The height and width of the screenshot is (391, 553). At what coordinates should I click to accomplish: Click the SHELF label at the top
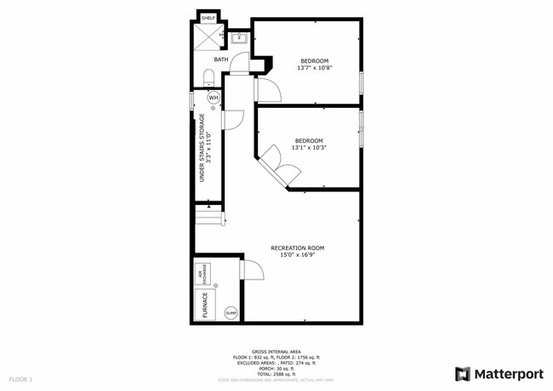click(x=208, y=17)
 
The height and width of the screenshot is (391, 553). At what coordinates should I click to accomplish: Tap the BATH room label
click(x=220, y=59)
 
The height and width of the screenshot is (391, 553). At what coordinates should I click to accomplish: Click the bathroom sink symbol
click(x=239, y=37)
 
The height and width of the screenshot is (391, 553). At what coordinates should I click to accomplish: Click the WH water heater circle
click(x=214, y=98)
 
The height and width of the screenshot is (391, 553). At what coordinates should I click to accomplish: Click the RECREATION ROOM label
click(x=298, y=248)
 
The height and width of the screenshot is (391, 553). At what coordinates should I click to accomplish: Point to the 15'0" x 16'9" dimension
click(x=298, y=255)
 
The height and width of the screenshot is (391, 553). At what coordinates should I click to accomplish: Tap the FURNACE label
click(x=204, y=304)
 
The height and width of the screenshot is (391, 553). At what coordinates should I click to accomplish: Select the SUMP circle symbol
click(x=231, y=314)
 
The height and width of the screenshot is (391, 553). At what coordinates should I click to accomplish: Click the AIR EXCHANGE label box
click(x=203, y=274)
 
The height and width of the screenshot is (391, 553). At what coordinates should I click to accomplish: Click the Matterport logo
click(x=498, y=372)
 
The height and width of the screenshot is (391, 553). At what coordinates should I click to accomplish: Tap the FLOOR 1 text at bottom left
click(x=20, y=378)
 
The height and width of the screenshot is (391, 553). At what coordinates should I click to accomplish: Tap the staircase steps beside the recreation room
click(x=209, y=219)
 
